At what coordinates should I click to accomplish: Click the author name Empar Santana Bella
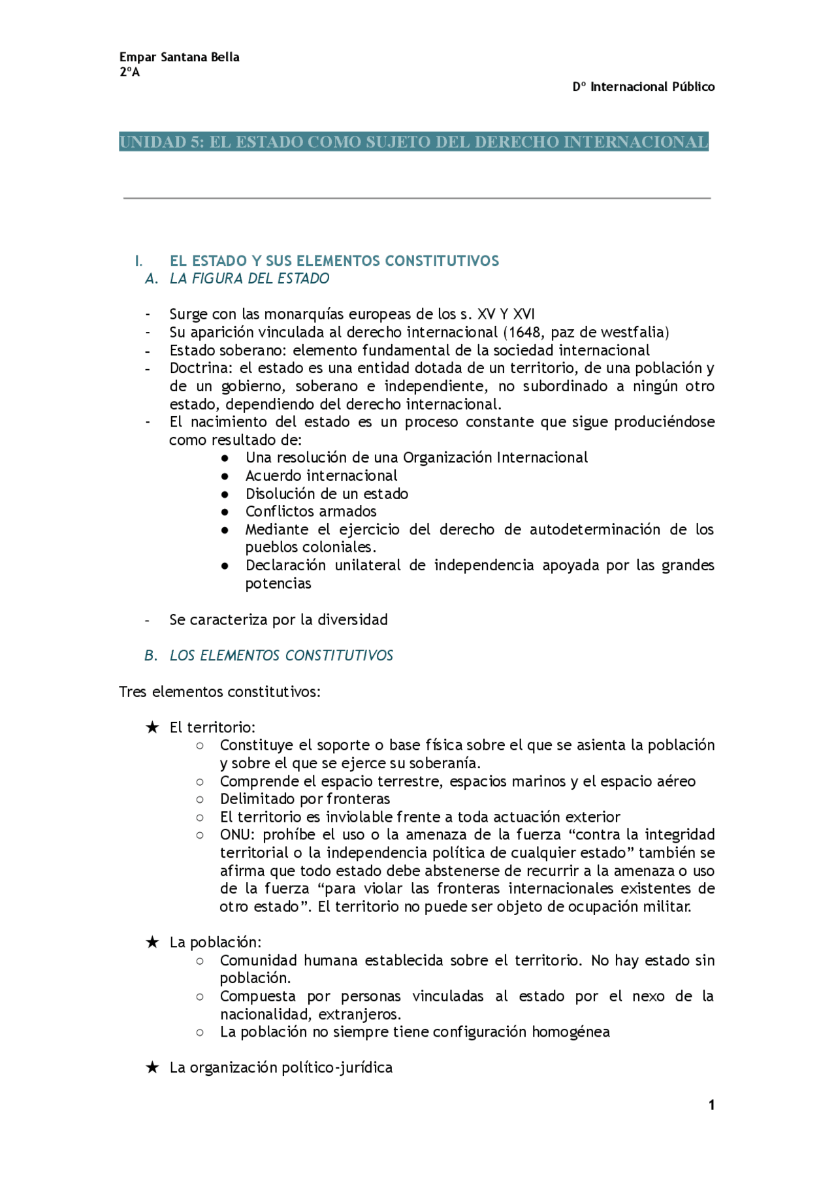[x=179, y=57]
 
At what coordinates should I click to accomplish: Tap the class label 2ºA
[x=129, y=73]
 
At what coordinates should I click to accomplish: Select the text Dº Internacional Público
[x=643, y=87]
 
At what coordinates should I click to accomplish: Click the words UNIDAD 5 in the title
[x=161, y=142]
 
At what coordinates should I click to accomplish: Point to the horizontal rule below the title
[x=417, y=198]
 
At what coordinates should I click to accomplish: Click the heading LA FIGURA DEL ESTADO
[x=249, y=279]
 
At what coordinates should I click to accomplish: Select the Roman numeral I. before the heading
[x=138, y=261]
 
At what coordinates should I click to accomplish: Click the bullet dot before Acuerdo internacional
[x=225, y=476]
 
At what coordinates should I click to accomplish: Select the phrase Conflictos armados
[x=311, y=511]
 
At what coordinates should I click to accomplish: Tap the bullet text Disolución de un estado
[x=327, y=494]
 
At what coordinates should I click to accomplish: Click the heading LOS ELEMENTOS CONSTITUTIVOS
[x=281, y=656]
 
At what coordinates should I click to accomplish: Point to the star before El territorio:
[x=152, y=727]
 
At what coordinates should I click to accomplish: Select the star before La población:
[x=152, y=942]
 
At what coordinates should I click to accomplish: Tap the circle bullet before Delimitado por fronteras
[x=200, y=800]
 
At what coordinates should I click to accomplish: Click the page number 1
[x=711, y=1105]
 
